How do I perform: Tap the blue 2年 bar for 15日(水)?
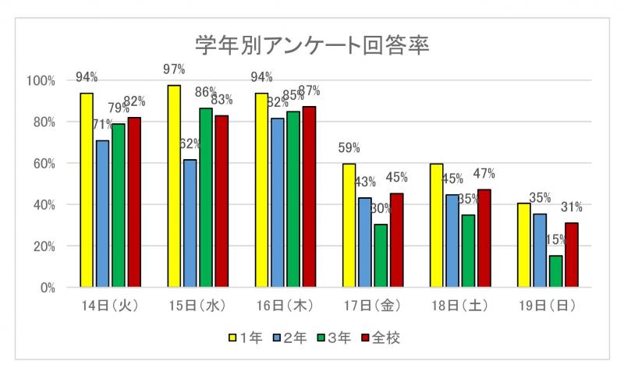coord(190,223)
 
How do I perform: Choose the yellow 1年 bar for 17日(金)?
coord(349,225)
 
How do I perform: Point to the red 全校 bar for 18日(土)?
coord(484,238)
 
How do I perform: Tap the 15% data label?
coord(555,240)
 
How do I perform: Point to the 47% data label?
coord(484,174)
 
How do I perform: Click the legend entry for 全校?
coord(380,338)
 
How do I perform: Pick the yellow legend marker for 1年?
coord(232,338)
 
